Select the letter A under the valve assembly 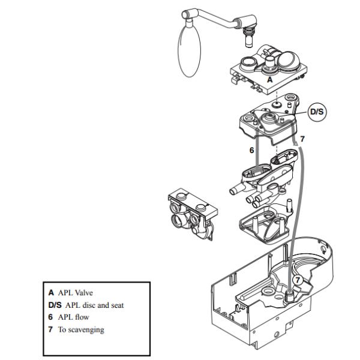[x=269, y=79]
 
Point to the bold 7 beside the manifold [x=302, y=139]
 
